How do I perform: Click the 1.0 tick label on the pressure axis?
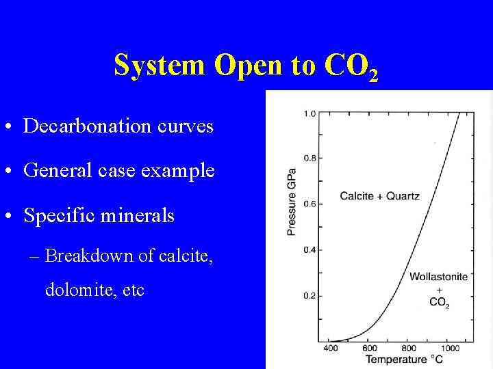coord(309,113)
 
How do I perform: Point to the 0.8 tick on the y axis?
coord(309,159)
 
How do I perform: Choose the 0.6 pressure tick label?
coord(309,204)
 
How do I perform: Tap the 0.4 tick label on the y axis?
coord(309,250)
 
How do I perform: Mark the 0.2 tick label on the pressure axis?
coord(309,295)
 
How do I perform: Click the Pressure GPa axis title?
coord(292,202)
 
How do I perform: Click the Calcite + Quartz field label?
coord(379,196)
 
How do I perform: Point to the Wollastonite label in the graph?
coord(438,277)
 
